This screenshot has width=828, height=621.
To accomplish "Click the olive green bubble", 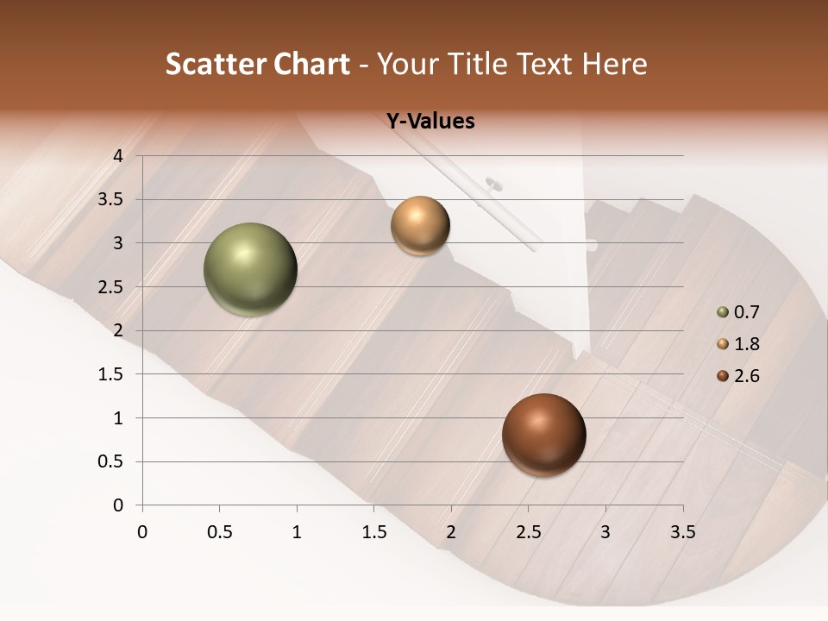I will (x=250, y=269).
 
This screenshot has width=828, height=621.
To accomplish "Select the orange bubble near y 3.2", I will (x=420, y=225).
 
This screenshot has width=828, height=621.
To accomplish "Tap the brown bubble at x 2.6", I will (x=543, y=435).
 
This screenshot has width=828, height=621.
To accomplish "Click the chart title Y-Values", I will (x=430, y=122).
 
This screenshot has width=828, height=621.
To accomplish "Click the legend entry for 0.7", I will (x=738, y=312).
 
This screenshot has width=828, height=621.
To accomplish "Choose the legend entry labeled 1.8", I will (x=738, y=344).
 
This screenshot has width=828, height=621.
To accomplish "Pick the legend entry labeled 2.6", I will (x=738, y=376).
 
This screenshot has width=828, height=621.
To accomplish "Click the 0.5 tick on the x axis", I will (x=219, y=531).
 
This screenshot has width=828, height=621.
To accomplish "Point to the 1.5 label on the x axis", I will (x=373, y=531).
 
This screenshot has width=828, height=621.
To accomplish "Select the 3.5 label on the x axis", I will (x=682, y=531).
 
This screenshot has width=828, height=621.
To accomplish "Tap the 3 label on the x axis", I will (x=605, y=531).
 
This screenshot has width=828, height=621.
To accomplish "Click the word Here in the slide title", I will (x=615, y=64).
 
